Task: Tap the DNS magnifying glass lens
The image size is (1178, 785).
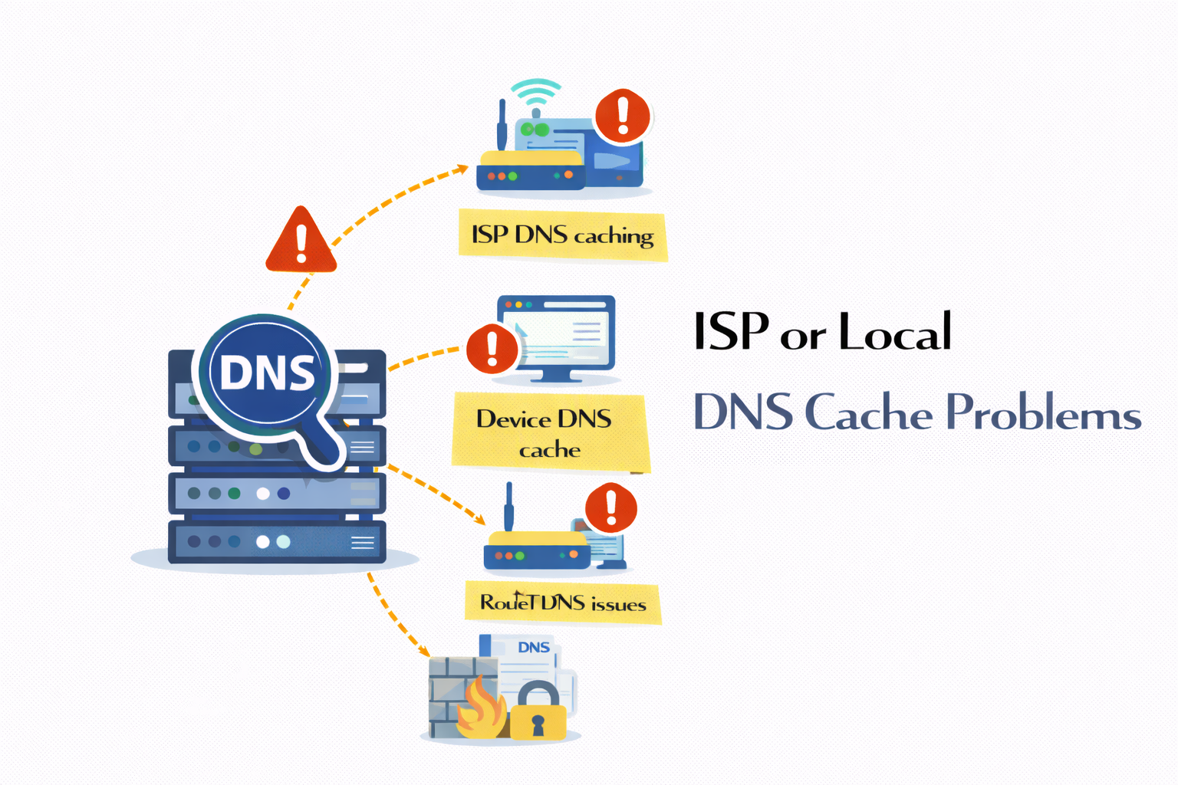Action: [266, 373]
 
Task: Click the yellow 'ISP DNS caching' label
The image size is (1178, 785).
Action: [562, 235]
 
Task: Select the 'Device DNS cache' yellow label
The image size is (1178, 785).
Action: [548, 433]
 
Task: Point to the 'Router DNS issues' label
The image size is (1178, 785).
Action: [562, 603]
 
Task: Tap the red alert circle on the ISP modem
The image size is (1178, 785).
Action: [623, 117]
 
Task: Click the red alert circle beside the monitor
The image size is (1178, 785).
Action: [492, 349]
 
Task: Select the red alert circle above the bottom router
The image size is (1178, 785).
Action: [611, 507]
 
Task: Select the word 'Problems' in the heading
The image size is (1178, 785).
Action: [1043, 413]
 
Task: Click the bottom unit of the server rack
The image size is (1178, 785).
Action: [276, 542]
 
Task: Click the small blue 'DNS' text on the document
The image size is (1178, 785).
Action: [534, 647]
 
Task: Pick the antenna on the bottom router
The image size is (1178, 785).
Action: [508, 506]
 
